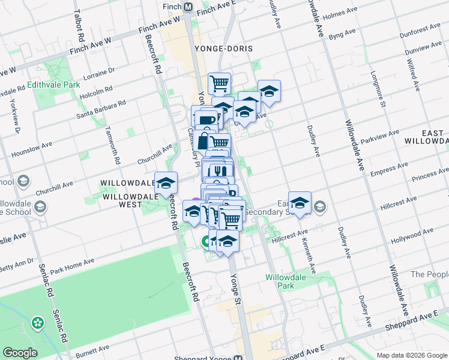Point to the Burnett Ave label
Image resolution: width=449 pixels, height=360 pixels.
coord(92,349)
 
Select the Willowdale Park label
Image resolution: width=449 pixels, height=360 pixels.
coord(286,282)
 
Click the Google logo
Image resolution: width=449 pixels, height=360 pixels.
coord(20,352)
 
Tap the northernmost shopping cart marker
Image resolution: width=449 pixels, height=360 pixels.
coord(220,83)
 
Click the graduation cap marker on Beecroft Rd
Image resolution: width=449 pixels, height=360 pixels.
coord(166,183)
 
